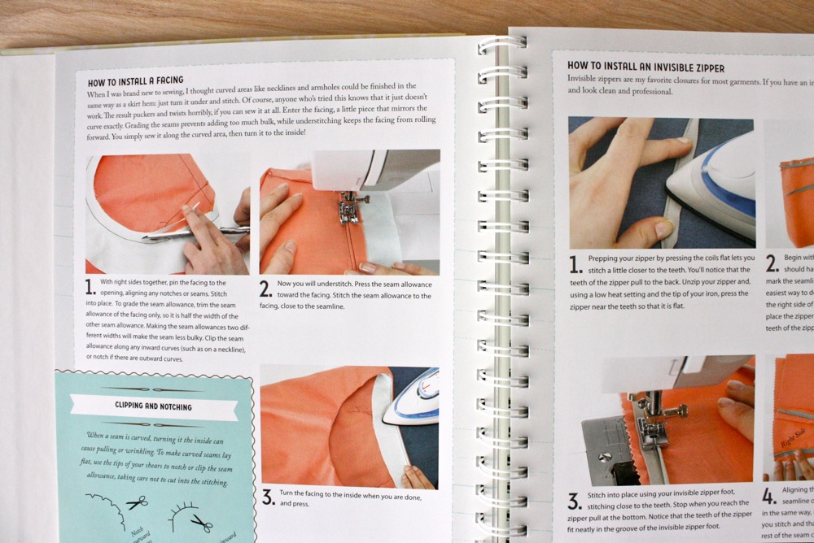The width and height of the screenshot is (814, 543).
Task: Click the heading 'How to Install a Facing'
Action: point(136,81)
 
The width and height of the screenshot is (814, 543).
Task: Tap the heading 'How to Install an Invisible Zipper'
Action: point(646,67)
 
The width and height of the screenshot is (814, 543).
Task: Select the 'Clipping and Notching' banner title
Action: point(154,406)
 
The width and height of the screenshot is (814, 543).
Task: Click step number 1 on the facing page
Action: point(90,286)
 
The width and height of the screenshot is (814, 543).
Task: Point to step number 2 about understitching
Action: point(265,289)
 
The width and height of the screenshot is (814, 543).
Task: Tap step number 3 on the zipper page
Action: point(575,501)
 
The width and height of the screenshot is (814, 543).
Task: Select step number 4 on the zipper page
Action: point(768,496)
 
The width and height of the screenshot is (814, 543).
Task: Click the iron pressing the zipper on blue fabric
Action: point(716,183)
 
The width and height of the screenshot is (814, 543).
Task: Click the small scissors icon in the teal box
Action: point(137,502)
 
